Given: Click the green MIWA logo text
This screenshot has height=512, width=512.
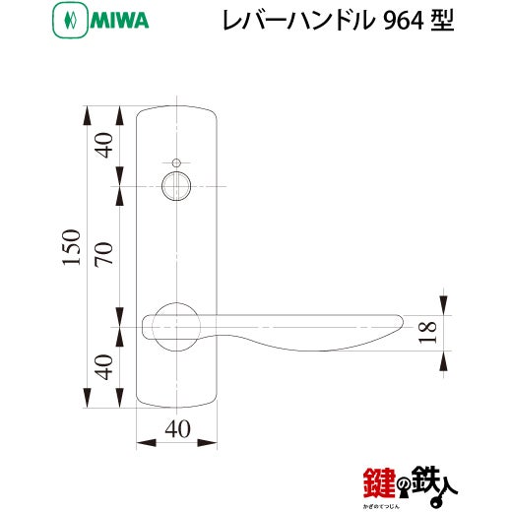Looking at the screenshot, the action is click(119, 21).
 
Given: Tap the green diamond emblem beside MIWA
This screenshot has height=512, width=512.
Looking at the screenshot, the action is click(70, 21).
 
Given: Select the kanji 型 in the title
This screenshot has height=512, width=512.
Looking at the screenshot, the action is click(442, 21).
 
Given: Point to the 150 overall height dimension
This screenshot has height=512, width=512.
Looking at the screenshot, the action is click(71, 247).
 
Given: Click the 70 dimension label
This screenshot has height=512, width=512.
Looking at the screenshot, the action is click(104, 253).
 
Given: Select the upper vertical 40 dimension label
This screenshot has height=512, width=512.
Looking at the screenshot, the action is click(104, 146).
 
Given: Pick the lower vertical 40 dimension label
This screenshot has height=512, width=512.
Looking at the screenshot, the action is click(104, 367).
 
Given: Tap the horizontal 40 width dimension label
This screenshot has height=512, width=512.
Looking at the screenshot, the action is click(177, 428).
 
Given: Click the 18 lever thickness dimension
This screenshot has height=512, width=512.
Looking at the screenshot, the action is click(427, 332).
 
